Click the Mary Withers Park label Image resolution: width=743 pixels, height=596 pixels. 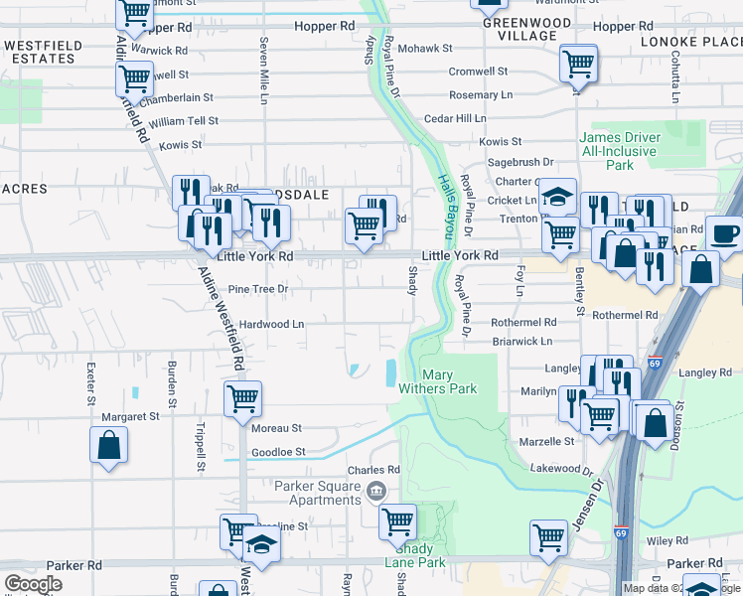(x=450, y=381)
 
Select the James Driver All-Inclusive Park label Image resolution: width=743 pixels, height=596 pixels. (x=621, y=151)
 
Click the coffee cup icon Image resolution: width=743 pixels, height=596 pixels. (x=723, y=233)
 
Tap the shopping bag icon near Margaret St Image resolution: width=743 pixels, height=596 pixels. (x=109, y=446)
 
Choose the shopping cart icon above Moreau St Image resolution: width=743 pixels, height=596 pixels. (x=242, y=399)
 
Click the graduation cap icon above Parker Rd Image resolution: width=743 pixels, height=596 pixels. (x=261, y=547)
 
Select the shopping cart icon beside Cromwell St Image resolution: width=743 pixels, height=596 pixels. (x=577, y=65)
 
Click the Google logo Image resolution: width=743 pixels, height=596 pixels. (x=34, y=583)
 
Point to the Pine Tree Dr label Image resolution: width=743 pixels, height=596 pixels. (x=257, y=289)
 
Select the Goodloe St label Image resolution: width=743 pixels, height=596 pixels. (x=277, y=452)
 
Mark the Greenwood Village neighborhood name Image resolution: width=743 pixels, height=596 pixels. (x=520, y=29)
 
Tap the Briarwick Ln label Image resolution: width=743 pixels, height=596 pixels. (x=522, y=341)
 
